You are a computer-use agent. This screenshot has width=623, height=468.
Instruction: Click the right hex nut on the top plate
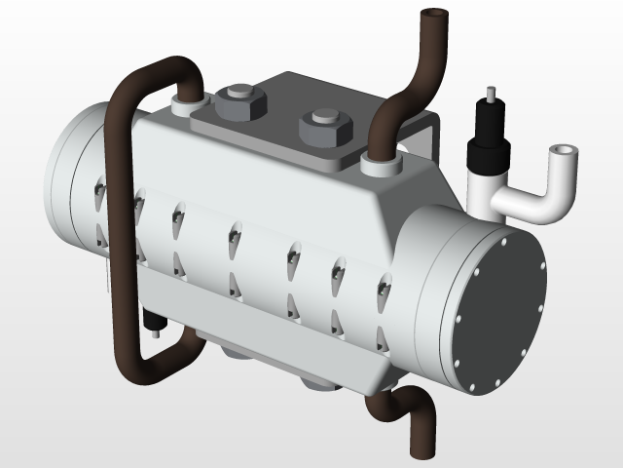coord(323,126)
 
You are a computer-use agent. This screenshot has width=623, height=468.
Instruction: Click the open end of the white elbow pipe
coord(563,154)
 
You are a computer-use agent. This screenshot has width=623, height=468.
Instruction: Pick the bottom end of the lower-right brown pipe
coord(421,448)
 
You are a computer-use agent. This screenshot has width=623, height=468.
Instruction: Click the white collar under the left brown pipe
coord(186,101)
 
